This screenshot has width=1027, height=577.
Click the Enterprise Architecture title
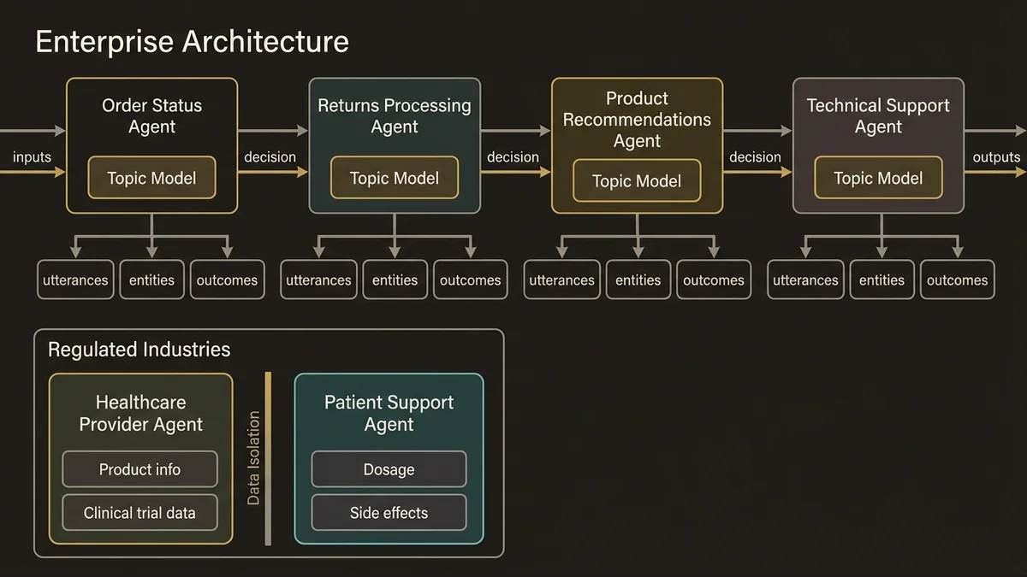coord(192,42)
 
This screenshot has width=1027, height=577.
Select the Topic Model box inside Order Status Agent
coord(151,179)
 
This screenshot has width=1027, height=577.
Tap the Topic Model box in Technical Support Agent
coord(878,179)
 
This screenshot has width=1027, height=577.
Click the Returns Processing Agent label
coord(395,116)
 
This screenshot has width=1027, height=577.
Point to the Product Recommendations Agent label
coord(637,120)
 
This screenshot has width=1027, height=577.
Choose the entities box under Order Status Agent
coord(151,280)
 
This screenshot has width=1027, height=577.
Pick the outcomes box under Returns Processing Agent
coord(471,280)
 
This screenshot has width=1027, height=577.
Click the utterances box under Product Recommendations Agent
coord(561,280)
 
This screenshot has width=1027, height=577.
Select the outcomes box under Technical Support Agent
coord(957,280)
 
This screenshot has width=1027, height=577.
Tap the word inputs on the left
coord(32,157)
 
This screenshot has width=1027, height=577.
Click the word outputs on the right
coord(996,157)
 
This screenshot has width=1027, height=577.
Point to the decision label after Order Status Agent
coord(270,157)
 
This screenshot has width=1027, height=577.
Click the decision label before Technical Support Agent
coord(755,157)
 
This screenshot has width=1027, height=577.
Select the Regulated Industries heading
coord(139,350)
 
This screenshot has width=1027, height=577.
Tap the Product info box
coord(140,469)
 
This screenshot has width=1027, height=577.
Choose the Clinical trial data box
coord(140,514)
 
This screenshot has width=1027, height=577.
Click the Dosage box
coord(389,469)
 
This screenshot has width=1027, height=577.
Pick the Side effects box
coord(389,514)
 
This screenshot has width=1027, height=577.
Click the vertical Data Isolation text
coord(253,458)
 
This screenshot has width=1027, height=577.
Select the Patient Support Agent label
coord(389,414)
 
